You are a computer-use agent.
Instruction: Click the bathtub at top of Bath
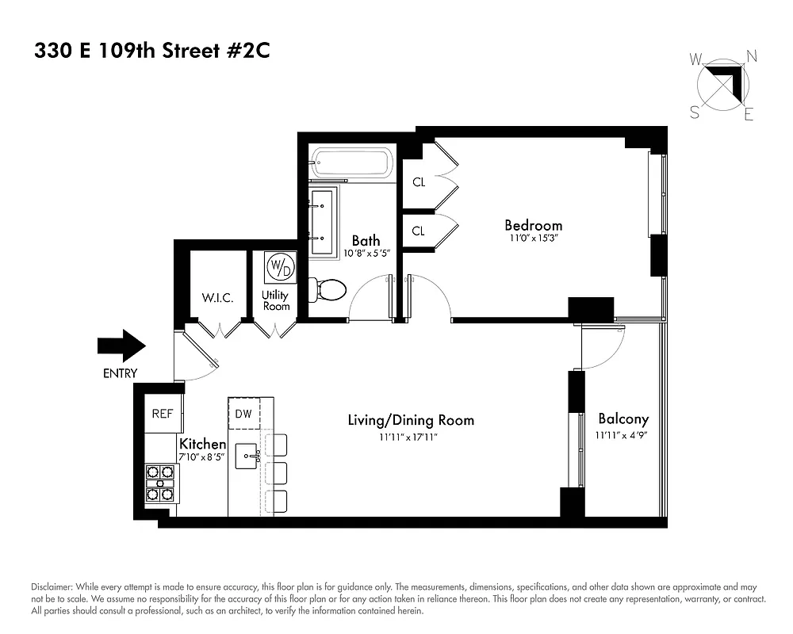(x=350, y=163)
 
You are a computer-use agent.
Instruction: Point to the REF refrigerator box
(x=163, y=413)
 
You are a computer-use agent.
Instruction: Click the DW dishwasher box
(x=243, y=413)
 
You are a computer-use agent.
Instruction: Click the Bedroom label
(x=533, y=225)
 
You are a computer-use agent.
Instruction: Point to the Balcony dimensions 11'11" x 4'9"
(x=623, y=434)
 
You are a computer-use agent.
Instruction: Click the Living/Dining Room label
(x=411, y=420)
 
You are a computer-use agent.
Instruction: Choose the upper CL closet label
(x=419, y=182)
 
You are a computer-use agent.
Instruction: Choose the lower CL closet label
(x=419, y=231)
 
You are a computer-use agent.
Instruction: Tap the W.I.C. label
(x=216, y=298)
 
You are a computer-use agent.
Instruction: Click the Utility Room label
(x=276, y=301)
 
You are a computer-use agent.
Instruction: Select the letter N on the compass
(x=752, y=55)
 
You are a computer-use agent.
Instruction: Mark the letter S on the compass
(x=695, y=112)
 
